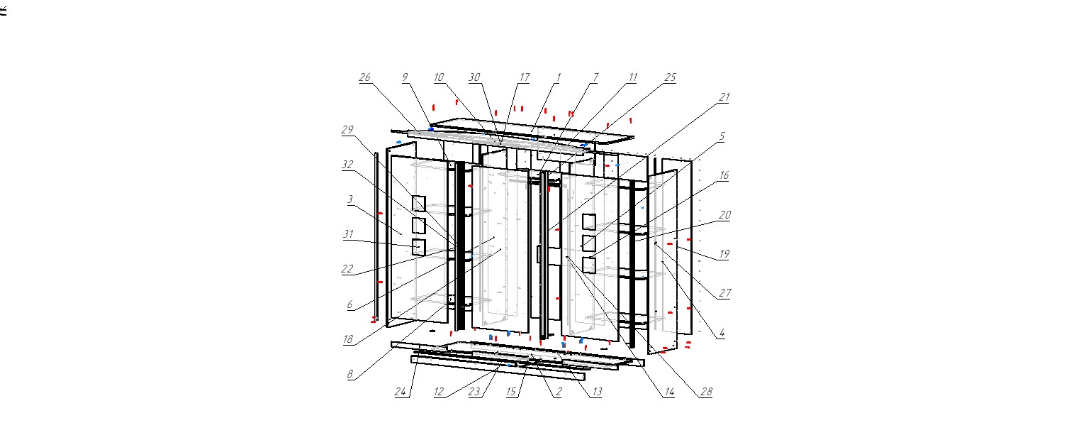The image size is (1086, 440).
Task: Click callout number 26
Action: pyautogui.click(x=364, y=77)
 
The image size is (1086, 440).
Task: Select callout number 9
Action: pyautogui.click(x=405, y=77)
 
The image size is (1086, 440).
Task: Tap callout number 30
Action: pyautogui.click(x=474, y=77)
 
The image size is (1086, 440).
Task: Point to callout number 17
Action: pyautogui.click(x=525, y=77)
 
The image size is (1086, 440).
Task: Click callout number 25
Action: pyautogui.click(x=670, y=77)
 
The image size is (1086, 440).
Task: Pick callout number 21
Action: pyautogui.click(x=724, y=97)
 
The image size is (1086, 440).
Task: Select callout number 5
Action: pyautogui.click(x=722, y=136)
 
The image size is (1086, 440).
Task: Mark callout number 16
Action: pyautogui.click(x=724, y=175)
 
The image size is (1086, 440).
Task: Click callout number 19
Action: pyautogui.click(x=724, y=254)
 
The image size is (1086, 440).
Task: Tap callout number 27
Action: pyautogui.click(x=724, y=293)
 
